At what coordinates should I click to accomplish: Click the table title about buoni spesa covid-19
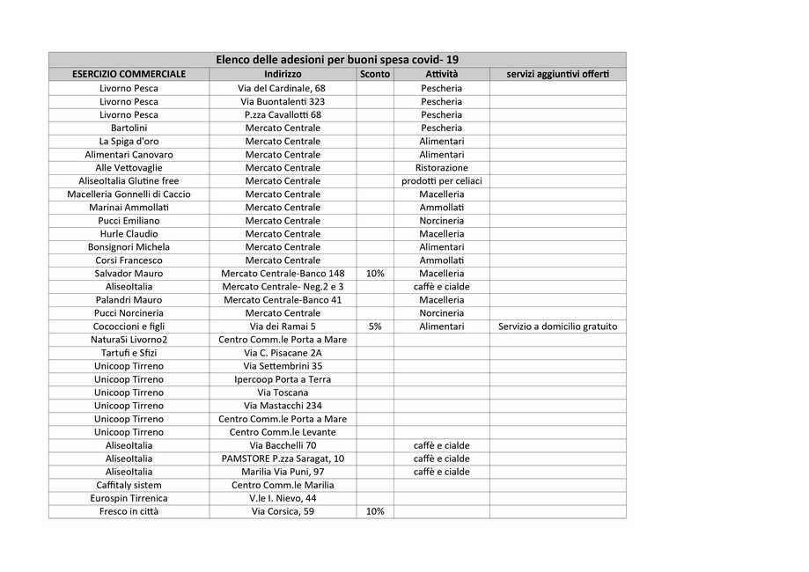coord(337,60)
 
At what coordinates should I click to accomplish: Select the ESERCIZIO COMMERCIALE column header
coord(129,74)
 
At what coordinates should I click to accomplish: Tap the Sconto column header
coord(375,74)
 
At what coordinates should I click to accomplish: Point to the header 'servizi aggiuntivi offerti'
coord(557,74)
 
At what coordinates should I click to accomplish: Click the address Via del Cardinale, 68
coord(282,88)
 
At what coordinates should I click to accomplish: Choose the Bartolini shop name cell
coord(129,128)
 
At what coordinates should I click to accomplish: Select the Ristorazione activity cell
coord(441,167)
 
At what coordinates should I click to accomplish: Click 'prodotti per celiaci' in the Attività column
coord(441,180)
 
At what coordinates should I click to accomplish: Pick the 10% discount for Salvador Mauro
coord(375,274)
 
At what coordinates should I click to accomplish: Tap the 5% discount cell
coord(375,326)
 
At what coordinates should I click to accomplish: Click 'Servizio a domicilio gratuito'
coord(557,326)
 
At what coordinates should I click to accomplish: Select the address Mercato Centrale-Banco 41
coord(282,300)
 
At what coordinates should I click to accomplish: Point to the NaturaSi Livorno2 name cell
coord(129,340)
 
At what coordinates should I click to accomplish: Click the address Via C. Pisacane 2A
coord(282,353)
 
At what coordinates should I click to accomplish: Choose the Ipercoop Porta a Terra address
coord(282,379)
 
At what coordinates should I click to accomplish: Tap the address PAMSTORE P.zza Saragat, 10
coord(282,458)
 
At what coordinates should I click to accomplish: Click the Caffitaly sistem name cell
coord(129,485)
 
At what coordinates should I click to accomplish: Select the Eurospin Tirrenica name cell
coord(129,498)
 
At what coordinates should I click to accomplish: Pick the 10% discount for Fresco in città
coord(375,511)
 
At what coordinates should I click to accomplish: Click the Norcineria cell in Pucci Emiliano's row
coord(441,220)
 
